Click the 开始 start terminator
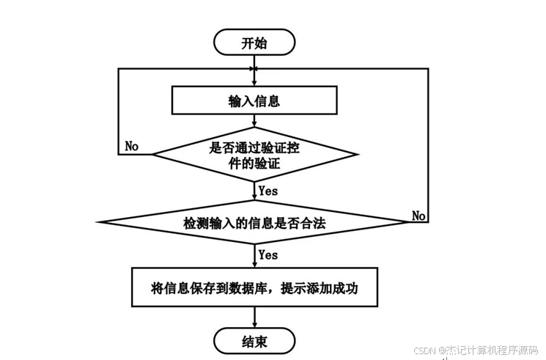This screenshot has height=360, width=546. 254,43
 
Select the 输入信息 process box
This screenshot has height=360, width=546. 254,100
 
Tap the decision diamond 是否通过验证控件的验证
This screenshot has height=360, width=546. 254,155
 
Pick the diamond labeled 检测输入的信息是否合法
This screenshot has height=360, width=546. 254,221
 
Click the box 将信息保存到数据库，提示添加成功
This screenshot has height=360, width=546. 254,286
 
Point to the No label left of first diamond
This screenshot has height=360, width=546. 132,146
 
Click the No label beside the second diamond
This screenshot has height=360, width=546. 419,216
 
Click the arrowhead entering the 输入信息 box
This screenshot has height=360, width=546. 254,81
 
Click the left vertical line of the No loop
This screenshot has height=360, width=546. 119,110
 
